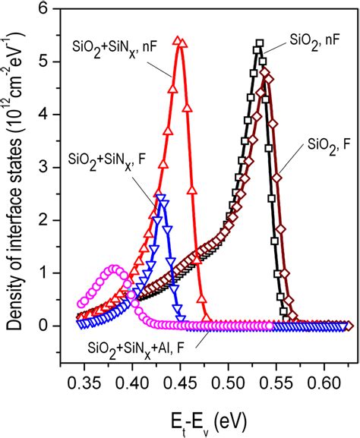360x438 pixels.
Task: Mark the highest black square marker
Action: point(259,43)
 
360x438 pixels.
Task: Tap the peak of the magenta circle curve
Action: point(114,268)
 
